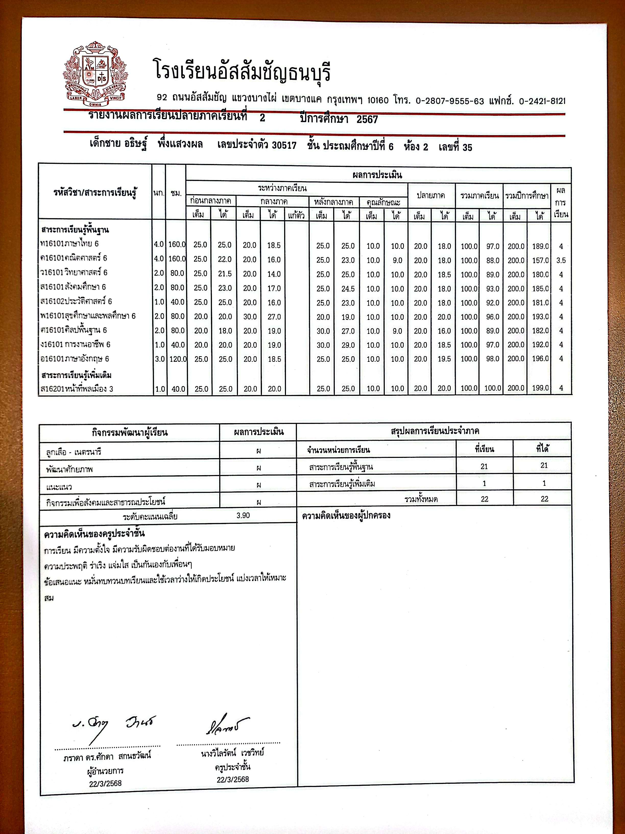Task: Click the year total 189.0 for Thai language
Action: click(x=540, y=246)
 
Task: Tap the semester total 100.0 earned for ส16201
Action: click(x=492, y=388)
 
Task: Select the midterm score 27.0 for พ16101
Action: click(x=274, y=317)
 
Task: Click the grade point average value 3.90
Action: click(x=243, y=515)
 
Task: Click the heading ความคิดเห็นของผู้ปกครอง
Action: click(x=346, y=515)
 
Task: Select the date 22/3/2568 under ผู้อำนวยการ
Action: click(x=105, y=783)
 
